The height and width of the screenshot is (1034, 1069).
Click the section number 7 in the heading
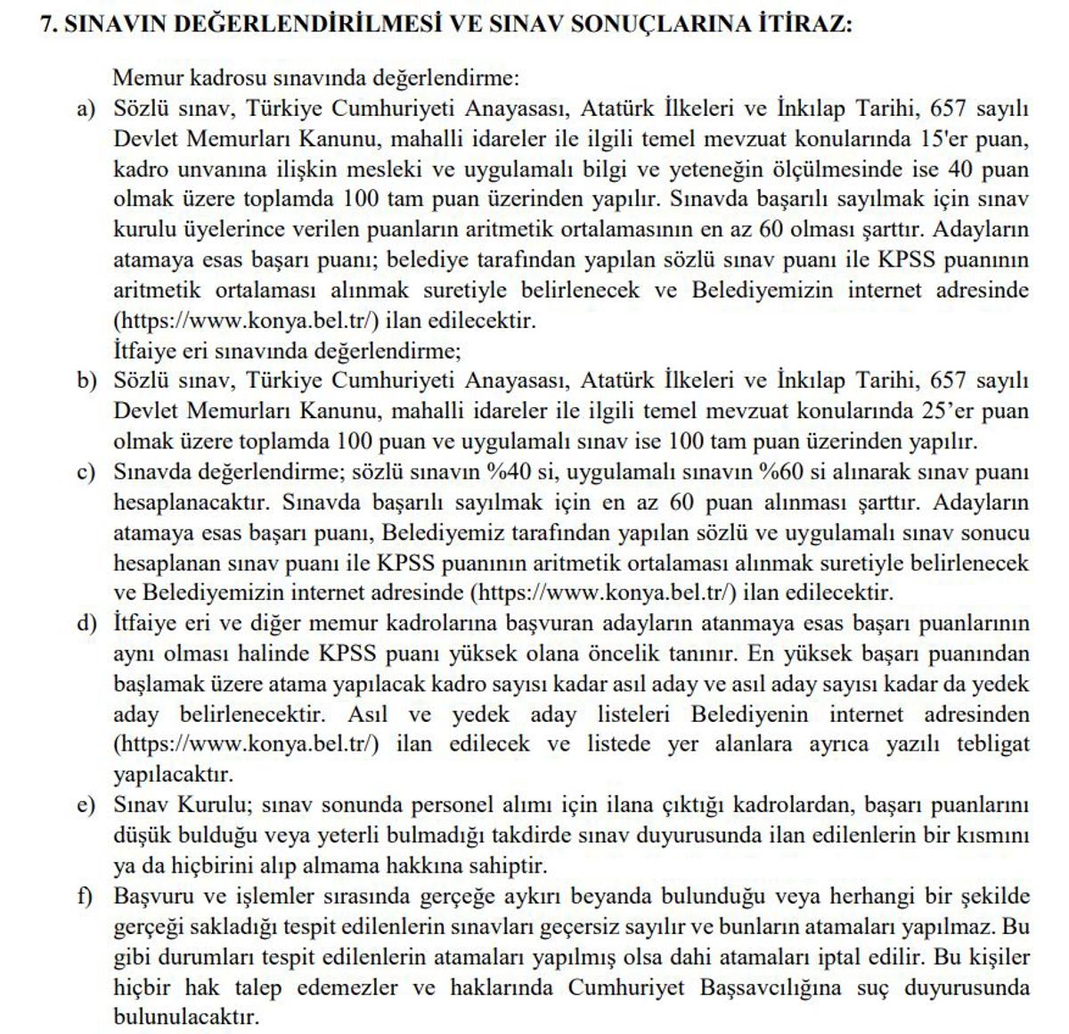[x=48, y=25]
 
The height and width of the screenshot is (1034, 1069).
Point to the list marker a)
[x=86, y=110]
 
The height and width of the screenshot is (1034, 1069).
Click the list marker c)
[x=86, y=472]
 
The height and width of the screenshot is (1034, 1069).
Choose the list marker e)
[x=86, y=805]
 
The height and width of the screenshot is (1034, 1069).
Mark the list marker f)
[x=86, y=897]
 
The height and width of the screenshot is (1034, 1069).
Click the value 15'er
[x=943, y=140]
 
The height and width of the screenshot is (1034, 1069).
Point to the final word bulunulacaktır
[x=186, y=1017]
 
